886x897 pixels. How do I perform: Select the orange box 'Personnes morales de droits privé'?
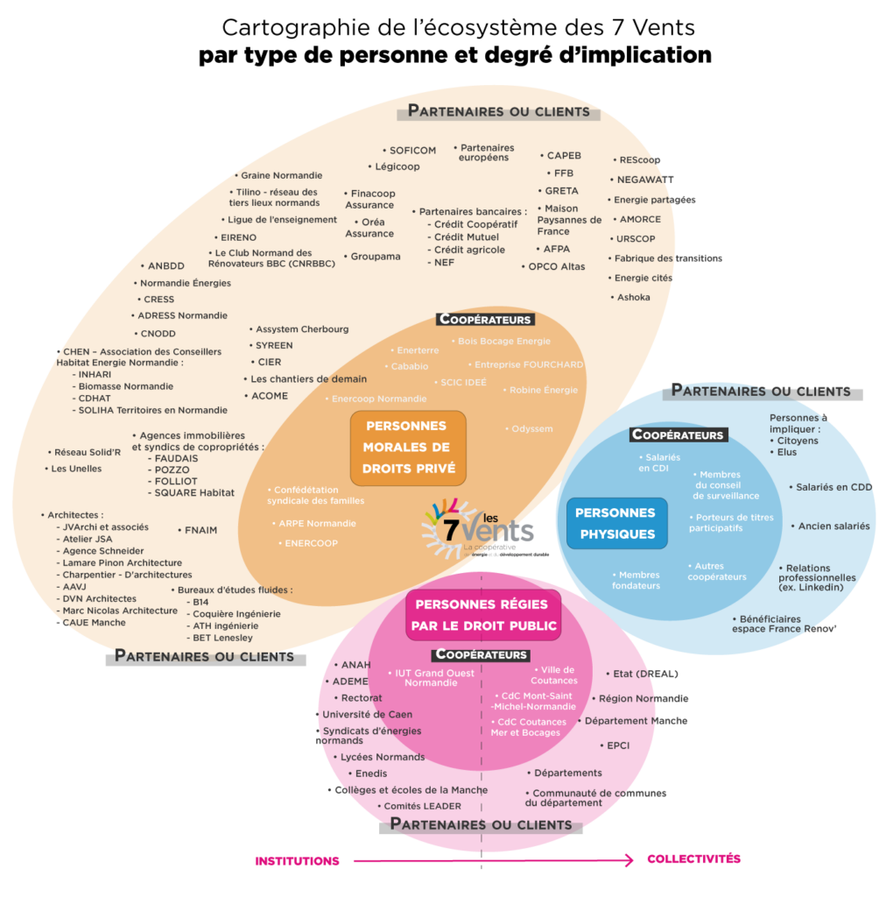(x=409, y=448)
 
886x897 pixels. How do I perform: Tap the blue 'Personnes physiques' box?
(x=616, y=523)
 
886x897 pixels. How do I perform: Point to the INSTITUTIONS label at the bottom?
(x=297, y=861)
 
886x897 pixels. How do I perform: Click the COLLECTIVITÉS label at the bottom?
(x=693, y=858)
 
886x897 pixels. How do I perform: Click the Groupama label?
(x=375, y=257)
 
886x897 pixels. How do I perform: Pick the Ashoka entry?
(x=633, y=297)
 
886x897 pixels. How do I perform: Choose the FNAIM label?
(x=200, y=530)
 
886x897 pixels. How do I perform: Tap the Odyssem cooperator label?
(x=531, y=428)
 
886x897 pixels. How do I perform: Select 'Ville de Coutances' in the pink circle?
(x=553, y=675)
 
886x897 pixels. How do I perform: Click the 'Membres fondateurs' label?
(x=636, y=580)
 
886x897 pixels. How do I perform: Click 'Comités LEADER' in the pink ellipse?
(x=422, y=806)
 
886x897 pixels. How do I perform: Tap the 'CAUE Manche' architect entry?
(x=94, y=622)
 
